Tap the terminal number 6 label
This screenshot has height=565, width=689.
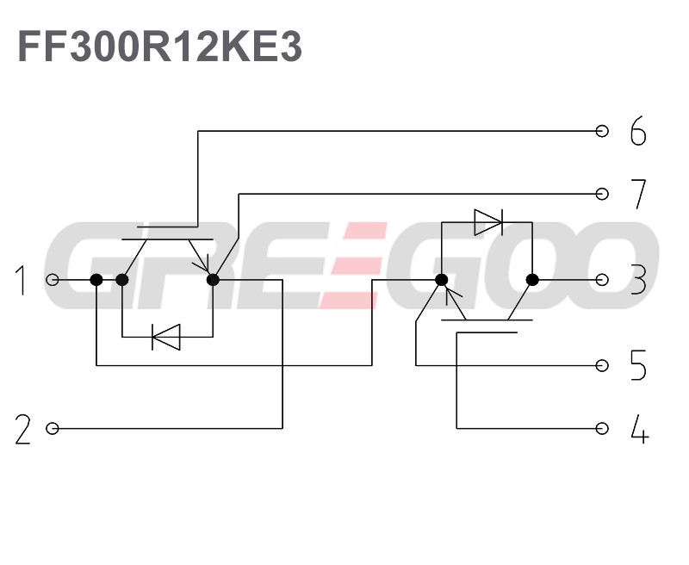[637, 133]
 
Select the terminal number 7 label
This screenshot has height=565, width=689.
[637, 195]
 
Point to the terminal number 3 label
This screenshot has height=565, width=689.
[637, 280]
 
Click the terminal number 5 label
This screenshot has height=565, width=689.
[637, 366]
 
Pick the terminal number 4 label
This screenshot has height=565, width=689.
[638, 428]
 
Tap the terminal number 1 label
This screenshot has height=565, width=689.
[22, 281]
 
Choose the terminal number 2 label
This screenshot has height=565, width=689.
[22, 429]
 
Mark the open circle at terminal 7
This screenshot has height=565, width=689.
[603, 194]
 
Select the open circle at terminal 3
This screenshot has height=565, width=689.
[603, 280]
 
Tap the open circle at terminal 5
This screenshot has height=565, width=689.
[603, 366]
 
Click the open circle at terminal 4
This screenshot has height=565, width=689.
[603, 428]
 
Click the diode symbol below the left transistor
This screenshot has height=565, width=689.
[165, 337]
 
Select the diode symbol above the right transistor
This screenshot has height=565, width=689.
[488, 223]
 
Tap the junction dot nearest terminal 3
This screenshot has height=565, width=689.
[532, 280]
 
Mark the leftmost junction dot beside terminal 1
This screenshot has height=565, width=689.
[96, 280]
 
